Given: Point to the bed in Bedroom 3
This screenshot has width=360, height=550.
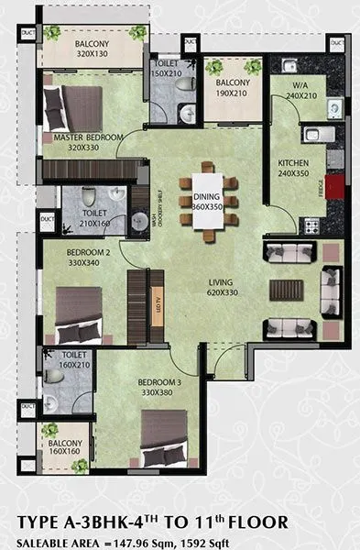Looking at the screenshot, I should pos(164,440).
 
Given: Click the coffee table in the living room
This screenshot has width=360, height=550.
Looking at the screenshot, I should pos(283,289).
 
